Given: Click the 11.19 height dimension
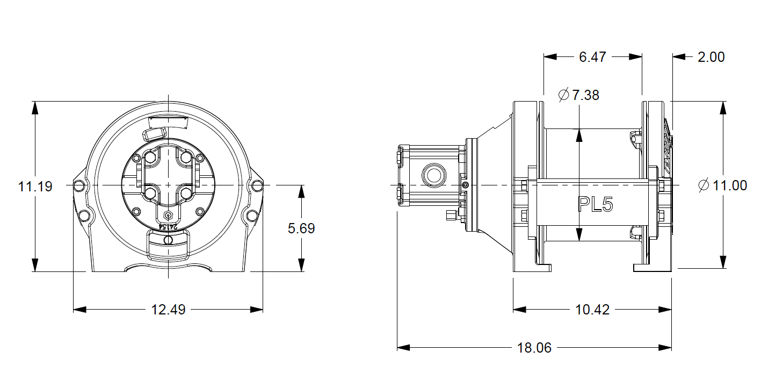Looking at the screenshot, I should [35, 187].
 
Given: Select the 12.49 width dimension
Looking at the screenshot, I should [168, 310].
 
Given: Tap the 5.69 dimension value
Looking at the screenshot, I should [301, 228].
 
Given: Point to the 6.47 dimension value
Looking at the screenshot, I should [593, 56].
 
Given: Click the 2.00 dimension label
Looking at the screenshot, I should [711, 56].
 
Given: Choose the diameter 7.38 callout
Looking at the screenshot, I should [579, 96].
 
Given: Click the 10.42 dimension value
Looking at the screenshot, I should [592, 310].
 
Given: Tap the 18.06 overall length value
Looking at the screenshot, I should [534, 348].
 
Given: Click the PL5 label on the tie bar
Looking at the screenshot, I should [595, 204].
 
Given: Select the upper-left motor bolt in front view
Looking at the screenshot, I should [150, 158].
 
